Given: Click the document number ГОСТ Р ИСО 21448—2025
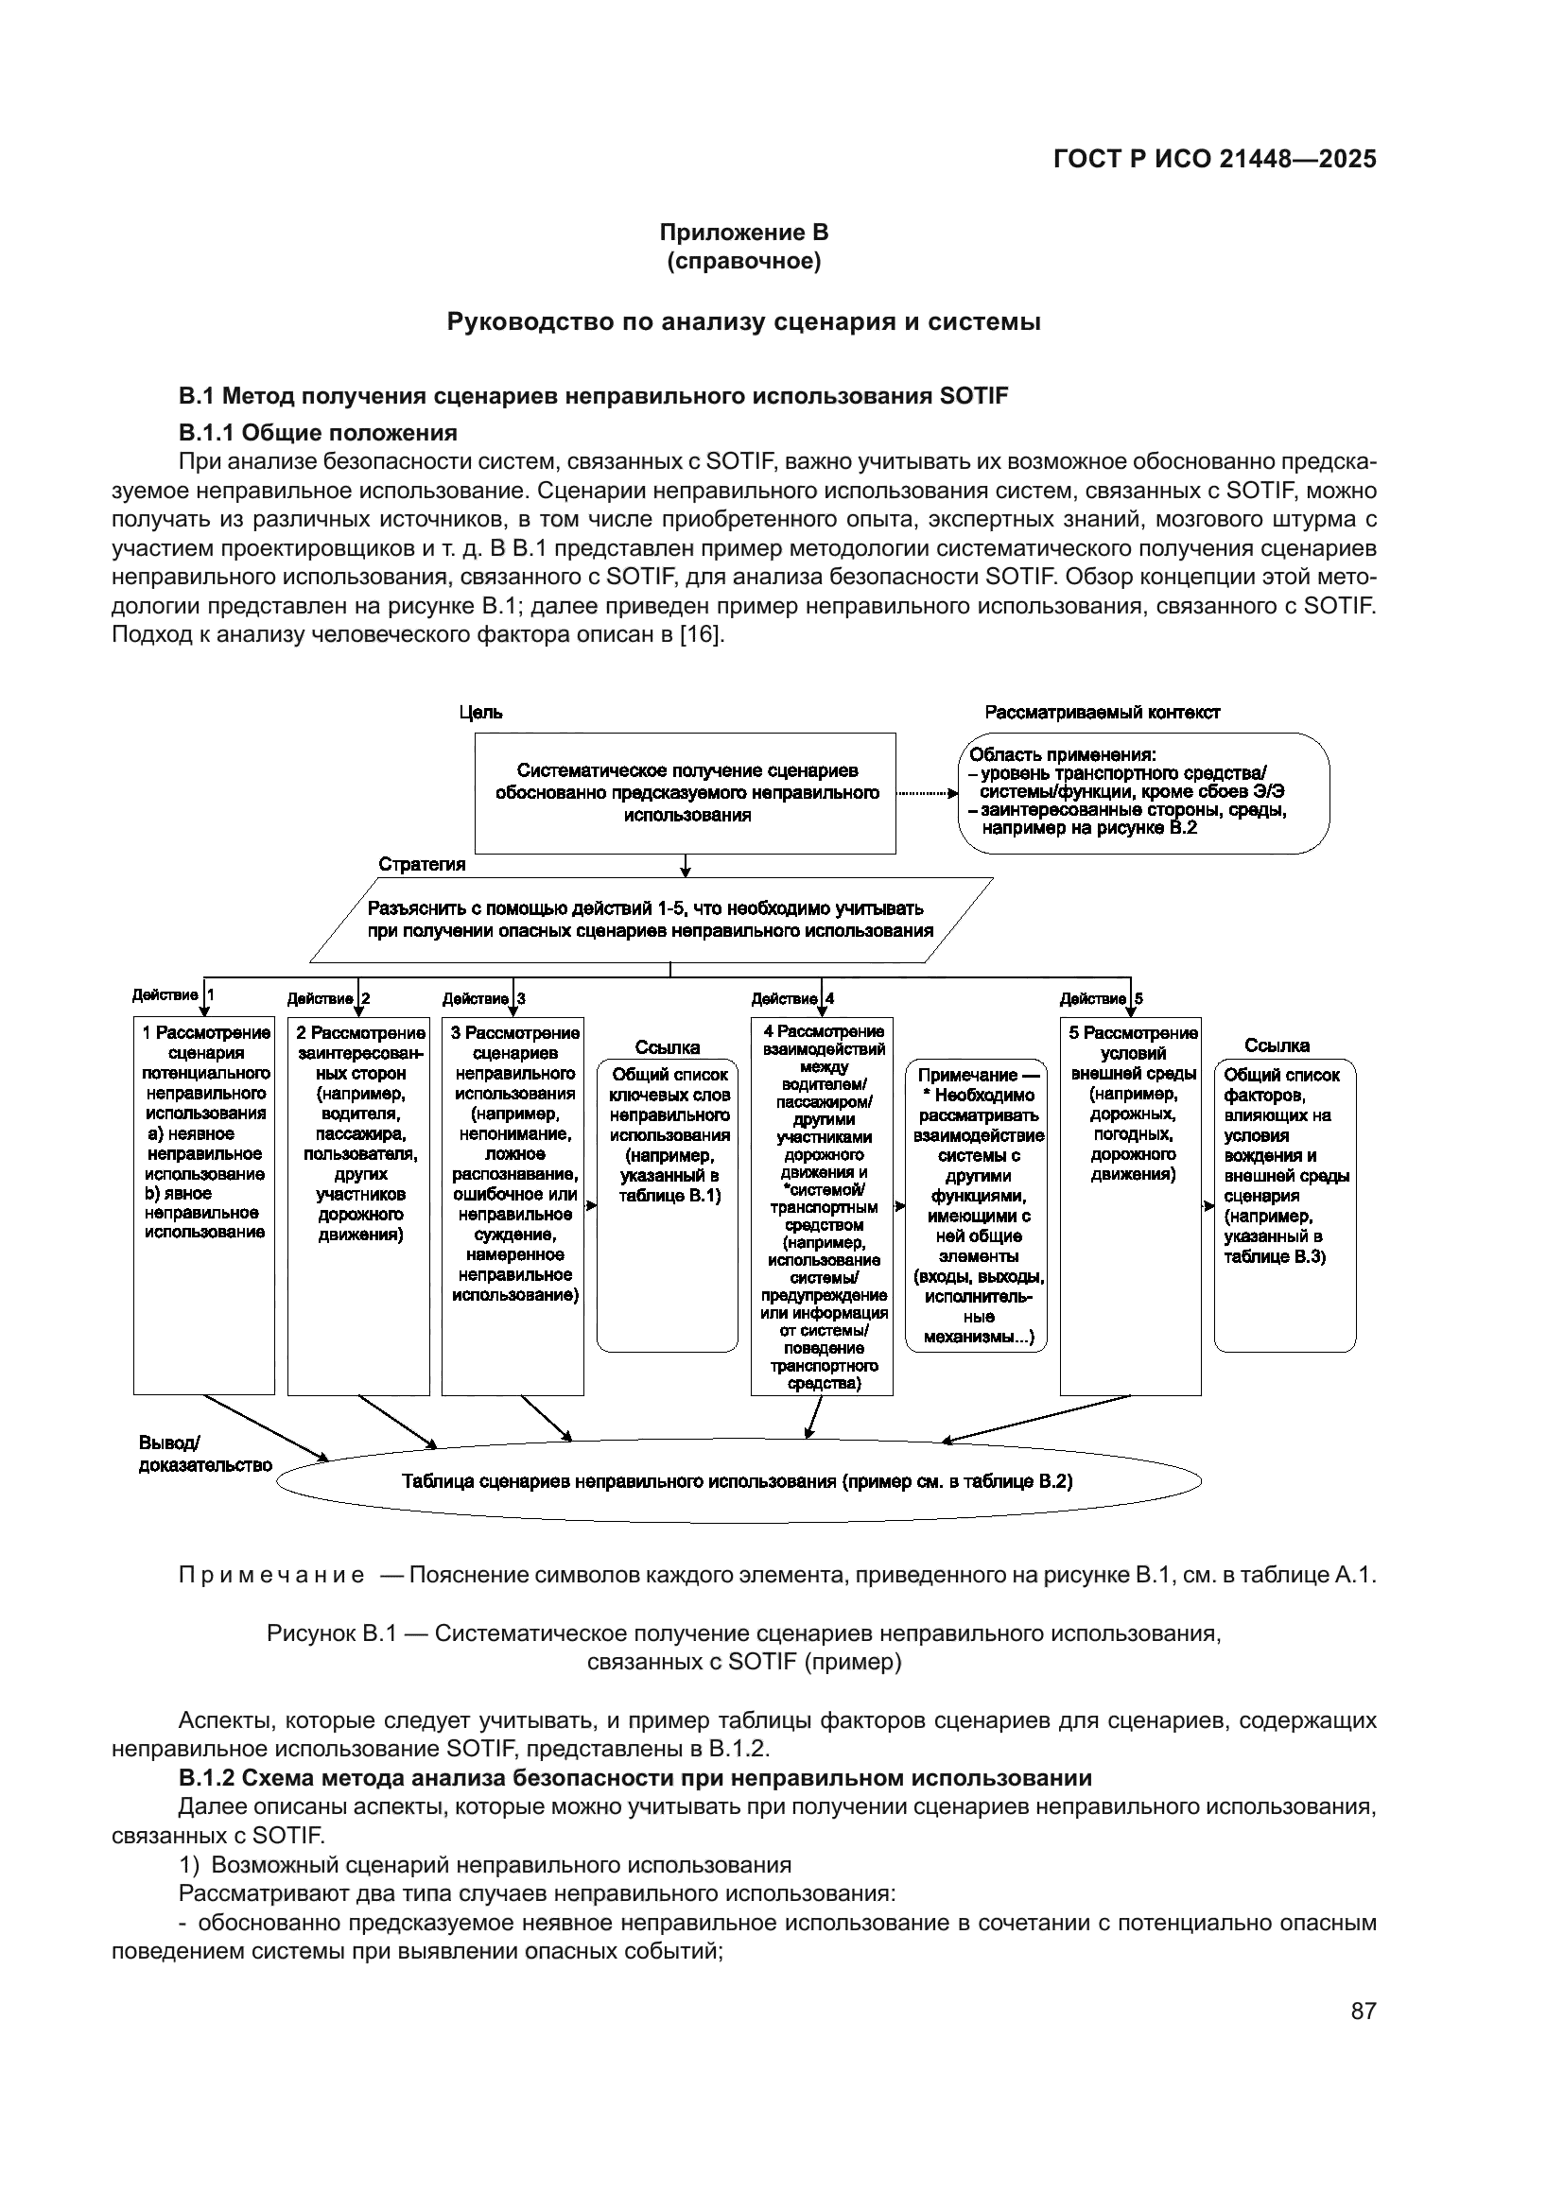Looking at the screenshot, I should tap(1214, 159).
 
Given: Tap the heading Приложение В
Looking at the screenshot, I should tap(743, 233).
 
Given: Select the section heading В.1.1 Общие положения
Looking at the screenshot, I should tap(318, 431).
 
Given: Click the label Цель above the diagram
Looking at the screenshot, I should tap(479, 713).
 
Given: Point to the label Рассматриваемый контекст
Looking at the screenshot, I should tap(1102, 713).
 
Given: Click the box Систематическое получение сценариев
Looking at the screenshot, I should tap(686, 792).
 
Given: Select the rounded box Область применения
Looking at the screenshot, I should tap(1143, 792).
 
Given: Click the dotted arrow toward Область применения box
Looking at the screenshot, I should tap(927, 794).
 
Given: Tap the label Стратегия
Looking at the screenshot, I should tap(422, 864).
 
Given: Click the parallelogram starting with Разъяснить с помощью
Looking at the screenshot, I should tap(650, 919).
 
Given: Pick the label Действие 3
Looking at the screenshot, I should tap(483, 998).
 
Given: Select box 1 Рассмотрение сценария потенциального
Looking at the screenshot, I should tap(204, 1203).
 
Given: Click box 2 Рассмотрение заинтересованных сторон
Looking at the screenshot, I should tap(358, 1203).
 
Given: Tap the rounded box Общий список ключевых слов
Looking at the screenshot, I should tap(668, 1203).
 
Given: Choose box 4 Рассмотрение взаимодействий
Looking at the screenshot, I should tap(822, 1203).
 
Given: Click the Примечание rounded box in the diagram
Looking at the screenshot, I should tap(977, 1203).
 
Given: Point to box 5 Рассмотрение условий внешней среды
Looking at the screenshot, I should tap(1131, 1203).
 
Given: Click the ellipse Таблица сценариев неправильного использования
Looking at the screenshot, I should tap(738, 1481).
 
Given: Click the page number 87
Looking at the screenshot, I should tap(1363, 2011).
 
